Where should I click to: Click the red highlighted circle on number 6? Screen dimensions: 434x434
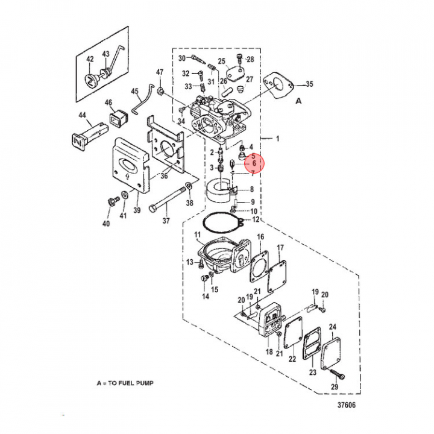tap(254, 163)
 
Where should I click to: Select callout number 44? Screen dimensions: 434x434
tap(82, 115)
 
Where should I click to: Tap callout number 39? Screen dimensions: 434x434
tap(137, 210)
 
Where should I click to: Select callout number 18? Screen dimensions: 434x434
tap(269, 352)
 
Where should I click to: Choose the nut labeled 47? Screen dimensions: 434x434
tap(161, 91)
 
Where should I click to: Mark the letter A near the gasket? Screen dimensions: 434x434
tap(298, 102)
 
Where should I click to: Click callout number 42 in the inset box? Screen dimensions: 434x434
tap(90, 59)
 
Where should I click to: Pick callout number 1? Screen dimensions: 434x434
tap(278, 139)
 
